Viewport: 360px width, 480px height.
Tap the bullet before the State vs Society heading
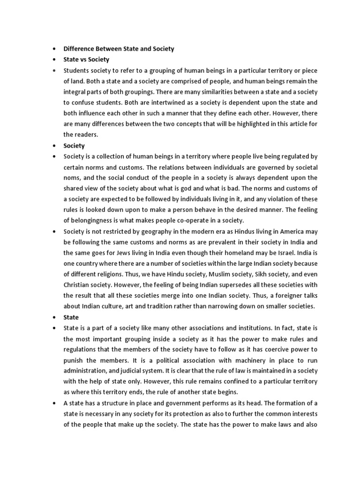(x=55, y=60)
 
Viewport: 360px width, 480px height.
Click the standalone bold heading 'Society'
(x=74, y=145)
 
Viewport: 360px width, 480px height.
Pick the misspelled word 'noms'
(x=71, y=178)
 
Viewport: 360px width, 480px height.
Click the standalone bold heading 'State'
(x=71, y=317)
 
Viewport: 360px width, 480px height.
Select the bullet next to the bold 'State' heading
(x=55, y=317)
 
